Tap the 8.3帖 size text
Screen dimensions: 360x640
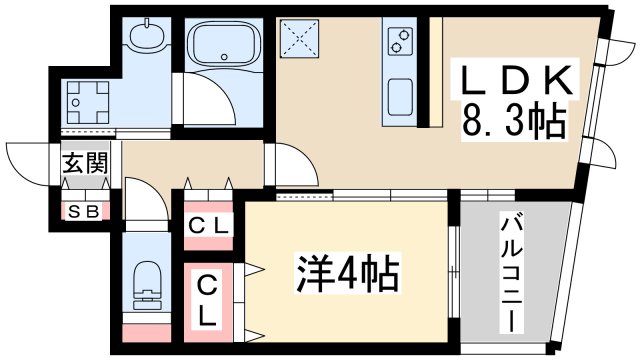pos(512,124)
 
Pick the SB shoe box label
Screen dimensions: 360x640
pos(84,211)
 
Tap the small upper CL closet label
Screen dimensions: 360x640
pos(209,225)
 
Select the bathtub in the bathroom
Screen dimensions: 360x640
pos(225,44)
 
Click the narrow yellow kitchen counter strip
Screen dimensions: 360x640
pos(435,70)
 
